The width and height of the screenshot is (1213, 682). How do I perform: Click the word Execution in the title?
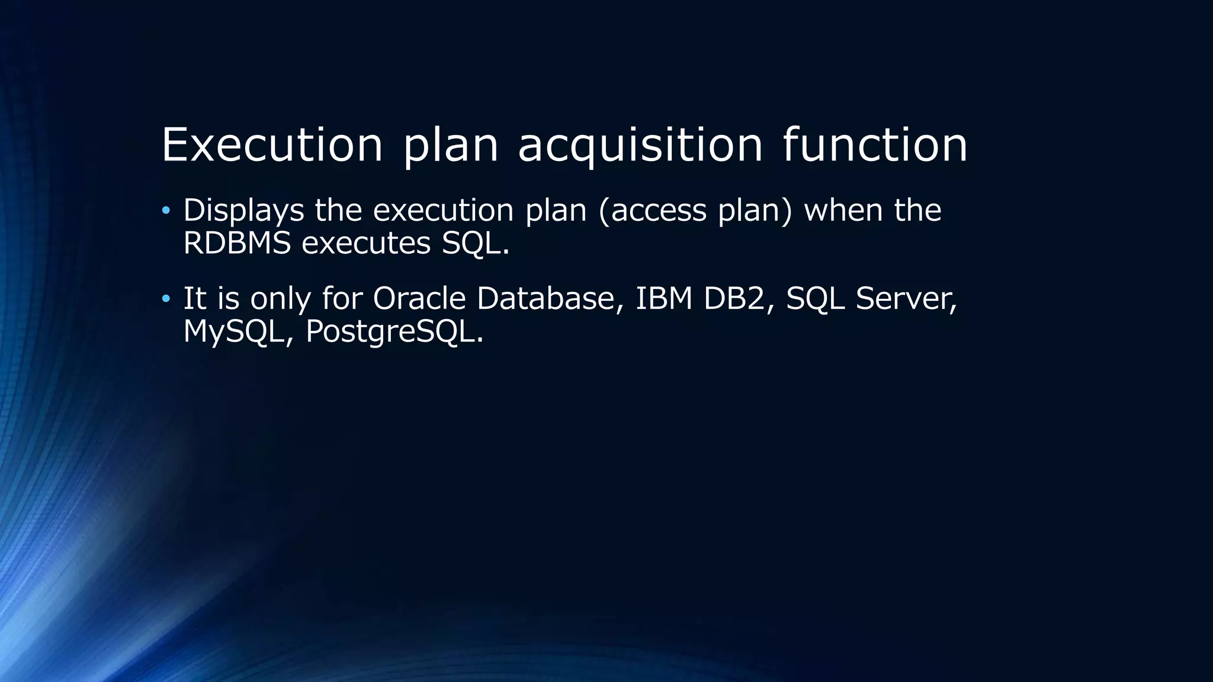click(x=272, y=144)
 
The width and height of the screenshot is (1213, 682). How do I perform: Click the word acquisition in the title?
click(x=640, y=146)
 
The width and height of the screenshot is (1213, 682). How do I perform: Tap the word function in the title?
click(x=875, y=144)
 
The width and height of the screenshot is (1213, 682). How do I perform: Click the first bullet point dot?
click(x=166, y=210)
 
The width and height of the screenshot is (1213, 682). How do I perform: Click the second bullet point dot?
click(x=166, y=298)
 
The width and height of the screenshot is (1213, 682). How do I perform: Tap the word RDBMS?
click(x=237, y=243)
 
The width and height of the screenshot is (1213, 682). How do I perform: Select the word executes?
click(x=365, y=243)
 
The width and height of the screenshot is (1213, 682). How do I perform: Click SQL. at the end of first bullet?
click(x=475, y=243)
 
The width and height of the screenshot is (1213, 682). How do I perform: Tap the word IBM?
click(x=663, y=298)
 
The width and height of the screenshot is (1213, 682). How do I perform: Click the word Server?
click(x=906, y=298)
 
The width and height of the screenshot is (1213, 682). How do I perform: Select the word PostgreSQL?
click(x=394, y=332)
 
